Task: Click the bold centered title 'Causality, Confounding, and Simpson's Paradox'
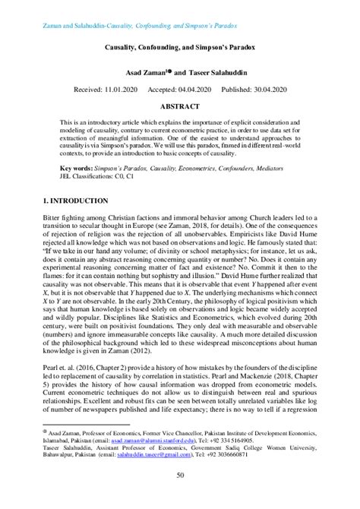pyautogui.click(x=180, y=46)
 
